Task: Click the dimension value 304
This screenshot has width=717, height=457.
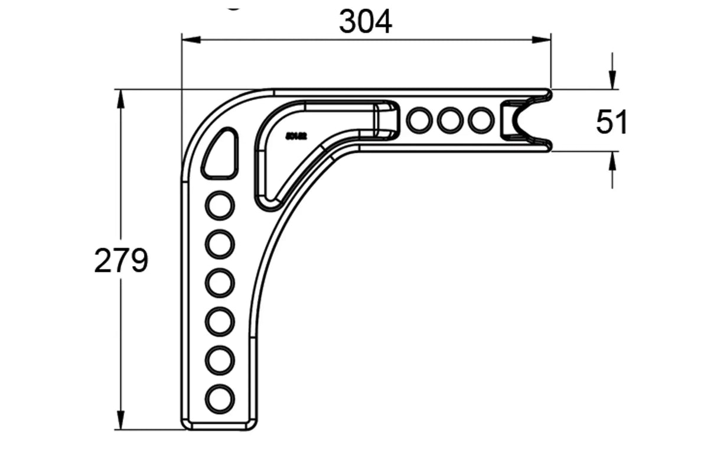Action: tap(365, 22)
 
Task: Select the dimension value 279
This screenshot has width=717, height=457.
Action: tap(121, 261)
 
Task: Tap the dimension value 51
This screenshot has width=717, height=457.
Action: tap(612, 122)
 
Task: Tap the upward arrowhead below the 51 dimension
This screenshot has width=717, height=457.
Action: tap(612, 161)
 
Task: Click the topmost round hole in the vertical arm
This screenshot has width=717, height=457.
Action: tap(220, 205)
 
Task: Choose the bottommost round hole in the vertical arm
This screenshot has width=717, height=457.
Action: tap(220, 399)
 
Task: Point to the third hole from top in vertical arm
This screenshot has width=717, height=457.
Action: tap(220, 283)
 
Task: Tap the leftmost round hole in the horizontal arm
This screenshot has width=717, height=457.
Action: tap(419, 120)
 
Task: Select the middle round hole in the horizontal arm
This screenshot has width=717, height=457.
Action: tap(450, 120)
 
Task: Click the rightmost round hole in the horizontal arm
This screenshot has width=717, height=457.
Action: tap(481, 120)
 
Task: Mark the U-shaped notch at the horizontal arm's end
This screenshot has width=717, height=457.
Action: tap(520, 121)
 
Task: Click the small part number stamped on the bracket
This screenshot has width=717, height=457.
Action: tap(296, 136)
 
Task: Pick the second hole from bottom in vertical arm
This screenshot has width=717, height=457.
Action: tap(220, 361)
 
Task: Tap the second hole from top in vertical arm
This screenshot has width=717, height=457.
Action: tap(220, 244)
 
